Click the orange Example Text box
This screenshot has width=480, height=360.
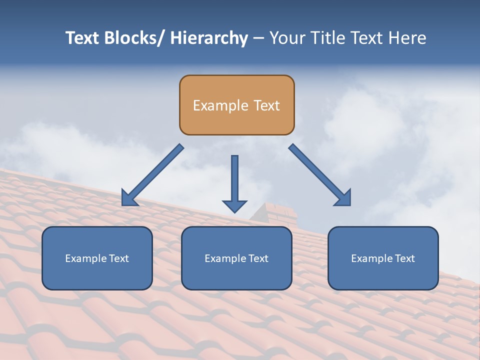(236, 105)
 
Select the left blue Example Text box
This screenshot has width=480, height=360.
(97, 258)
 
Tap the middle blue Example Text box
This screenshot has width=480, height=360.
(236, 258)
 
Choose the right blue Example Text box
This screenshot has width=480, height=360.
(383, 258)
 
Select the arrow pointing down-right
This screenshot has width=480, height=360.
(317, 173)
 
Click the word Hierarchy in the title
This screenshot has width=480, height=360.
(209, 38)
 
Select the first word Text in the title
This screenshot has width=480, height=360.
(82, 38)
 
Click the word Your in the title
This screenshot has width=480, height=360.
(286, 38)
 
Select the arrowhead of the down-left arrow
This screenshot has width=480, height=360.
(129, 198)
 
